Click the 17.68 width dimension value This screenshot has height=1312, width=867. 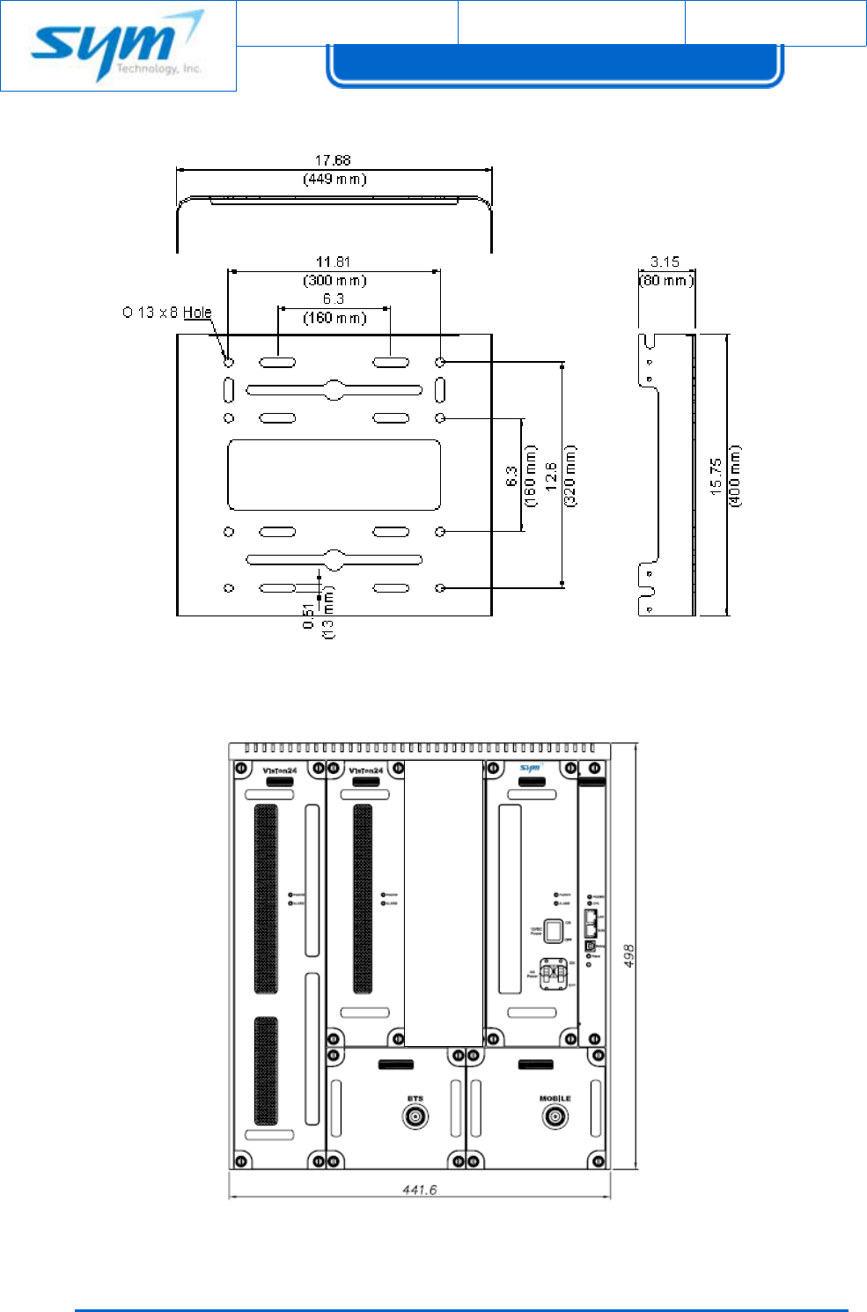(x=333, y=160)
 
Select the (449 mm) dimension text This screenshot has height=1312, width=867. (x=334, y=180)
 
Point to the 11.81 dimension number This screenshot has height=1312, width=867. (x=333, y=262)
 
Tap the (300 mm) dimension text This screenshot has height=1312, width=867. (x=334, y=281)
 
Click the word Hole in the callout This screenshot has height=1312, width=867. (x=197, y=313)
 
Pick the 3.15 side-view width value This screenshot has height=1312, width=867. (x=665, y=262)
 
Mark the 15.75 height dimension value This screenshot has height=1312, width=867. (x=716, y=475)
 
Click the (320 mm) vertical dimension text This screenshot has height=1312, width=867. (x=570, y=475)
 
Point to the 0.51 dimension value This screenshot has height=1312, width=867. (x=308, y=615)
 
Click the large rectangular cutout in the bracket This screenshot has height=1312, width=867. (x=334, y=475)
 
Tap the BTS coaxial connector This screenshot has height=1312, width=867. (x=415, y=1117)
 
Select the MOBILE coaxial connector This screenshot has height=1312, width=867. (x=555, y=1117)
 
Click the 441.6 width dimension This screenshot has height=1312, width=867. (x=420, y=1190)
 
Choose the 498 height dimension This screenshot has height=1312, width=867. (x=629, y=956)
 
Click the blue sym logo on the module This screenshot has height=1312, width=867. (x=530, y=769)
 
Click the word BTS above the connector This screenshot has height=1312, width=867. (x=415, y=1099)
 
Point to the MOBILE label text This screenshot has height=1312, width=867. (x=555, y=1099)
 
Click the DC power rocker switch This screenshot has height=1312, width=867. (x=553, y=931)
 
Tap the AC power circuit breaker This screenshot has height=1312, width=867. (x=553, y=974)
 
